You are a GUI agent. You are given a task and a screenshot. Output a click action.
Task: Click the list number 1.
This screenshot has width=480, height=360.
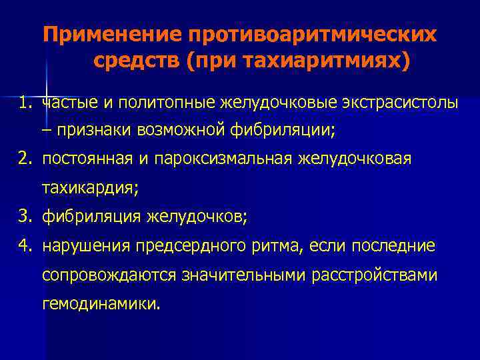click(x=25, y=103)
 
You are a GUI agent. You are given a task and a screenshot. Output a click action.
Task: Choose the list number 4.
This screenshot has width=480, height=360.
click(x=25, y=246)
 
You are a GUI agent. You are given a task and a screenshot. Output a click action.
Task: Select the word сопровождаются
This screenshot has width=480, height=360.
click(x=107, y=275)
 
